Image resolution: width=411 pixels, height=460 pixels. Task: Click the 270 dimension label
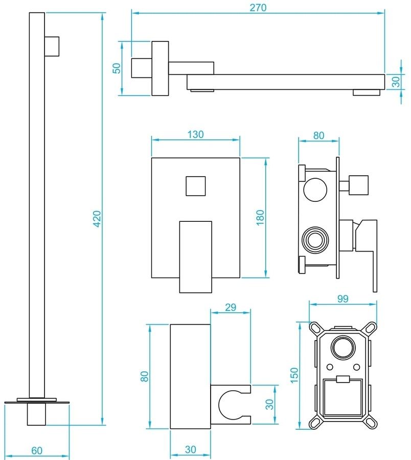point(259,7)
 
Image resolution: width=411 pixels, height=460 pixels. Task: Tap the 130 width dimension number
point(196,135)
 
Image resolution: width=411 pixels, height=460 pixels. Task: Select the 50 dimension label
point(117,68)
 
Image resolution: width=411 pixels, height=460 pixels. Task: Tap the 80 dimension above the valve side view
point(318,135)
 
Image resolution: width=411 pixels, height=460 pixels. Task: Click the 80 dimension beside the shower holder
point(144,376)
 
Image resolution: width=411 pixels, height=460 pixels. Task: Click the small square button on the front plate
point(195,185)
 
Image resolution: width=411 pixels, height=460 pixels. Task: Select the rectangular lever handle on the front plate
point(195,256)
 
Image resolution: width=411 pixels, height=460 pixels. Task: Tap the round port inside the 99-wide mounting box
point(341,349)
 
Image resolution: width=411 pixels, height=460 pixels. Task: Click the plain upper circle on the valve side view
point(315,190)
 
